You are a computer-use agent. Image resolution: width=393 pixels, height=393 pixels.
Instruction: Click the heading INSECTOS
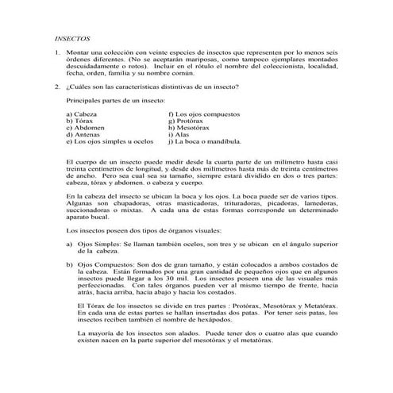pyautogui.click(x=72, y=37)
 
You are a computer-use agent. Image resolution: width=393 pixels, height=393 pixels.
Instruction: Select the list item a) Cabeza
pyautogui.click(x=83, y=114)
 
